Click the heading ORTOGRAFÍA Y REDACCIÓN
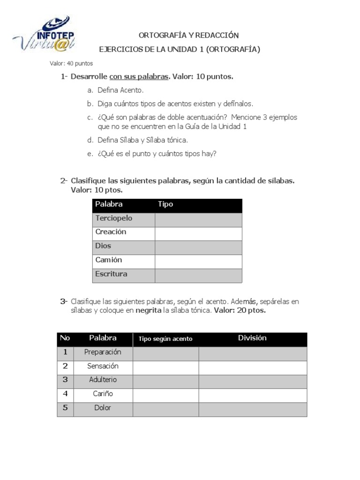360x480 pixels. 189,35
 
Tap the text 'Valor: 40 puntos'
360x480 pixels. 71,63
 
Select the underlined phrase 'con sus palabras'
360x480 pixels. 139,76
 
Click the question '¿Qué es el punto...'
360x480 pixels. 157,153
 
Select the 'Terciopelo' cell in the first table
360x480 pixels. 114,218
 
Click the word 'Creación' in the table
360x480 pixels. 111,232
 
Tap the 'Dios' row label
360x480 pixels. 103,246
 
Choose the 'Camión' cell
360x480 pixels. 109,260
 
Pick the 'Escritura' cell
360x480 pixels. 111,274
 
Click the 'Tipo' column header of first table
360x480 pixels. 165,204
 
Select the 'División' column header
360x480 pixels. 252,338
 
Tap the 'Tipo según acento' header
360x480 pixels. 165,339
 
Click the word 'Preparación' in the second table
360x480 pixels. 103,352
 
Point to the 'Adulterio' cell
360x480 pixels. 103,380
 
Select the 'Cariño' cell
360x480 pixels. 103,394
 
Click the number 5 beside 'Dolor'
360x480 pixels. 65,408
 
